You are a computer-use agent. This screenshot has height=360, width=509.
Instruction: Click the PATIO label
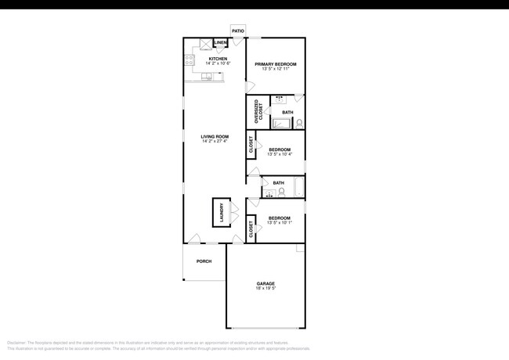coord(237,31)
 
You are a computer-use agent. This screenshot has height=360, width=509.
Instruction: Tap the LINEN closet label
coord(220,42)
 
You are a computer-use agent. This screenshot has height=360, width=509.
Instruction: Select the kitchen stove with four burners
coord(190,58)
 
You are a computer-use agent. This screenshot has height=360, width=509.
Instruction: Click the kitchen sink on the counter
coord(208,76)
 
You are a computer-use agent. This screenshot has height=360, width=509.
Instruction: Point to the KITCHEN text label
coord(217,58)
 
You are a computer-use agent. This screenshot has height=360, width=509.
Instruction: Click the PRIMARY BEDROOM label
coord(275,64)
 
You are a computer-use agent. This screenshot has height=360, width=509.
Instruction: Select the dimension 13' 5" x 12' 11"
coord(275,70)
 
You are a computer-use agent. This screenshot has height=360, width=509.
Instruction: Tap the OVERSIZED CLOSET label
coord(258,112)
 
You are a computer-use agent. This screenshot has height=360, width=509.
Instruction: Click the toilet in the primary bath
coord(299,123)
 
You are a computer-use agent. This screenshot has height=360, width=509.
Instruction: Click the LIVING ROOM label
coord(215,136)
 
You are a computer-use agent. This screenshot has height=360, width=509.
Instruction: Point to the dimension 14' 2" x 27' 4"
coord(215,142)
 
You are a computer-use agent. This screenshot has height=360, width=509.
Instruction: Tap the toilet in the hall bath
coord(280,192)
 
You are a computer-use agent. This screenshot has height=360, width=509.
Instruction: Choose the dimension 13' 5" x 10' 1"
coord(279,223)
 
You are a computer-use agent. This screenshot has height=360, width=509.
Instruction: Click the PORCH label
coord(204,261)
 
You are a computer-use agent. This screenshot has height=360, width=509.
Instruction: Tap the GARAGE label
coord(265,283)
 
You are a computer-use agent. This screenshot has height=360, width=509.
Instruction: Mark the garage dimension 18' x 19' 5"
coord(265,289)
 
